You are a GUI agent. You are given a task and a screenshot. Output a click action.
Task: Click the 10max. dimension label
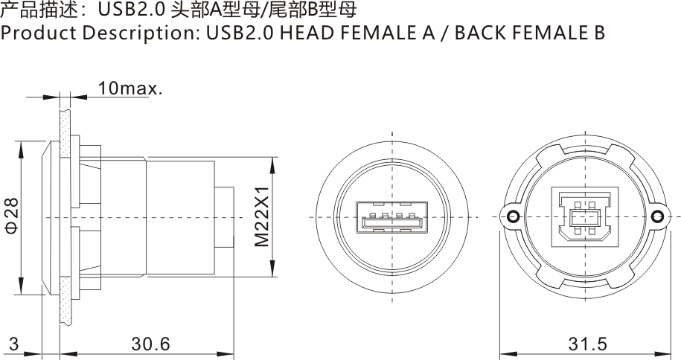coord(130,89)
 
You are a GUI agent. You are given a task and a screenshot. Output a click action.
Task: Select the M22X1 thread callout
coord(261,216)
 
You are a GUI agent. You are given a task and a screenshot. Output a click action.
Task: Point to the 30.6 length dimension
coord(150,344)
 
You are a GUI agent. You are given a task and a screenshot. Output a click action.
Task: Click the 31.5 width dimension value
coord(588,344)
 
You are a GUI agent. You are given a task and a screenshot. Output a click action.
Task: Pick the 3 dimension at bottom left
coord(13,344)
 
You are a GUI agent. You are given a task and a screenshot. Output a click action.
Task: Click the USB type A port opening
coord(391,219)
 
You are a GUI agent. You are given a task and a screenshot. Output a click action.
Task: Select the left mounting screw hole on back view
coord(511,216)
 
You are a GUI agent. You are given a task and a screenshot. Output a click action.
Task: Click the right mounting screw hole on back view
coord(656,216)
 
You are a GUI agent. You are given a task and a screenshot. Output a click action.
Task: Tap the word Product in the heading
coord(31,33)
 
